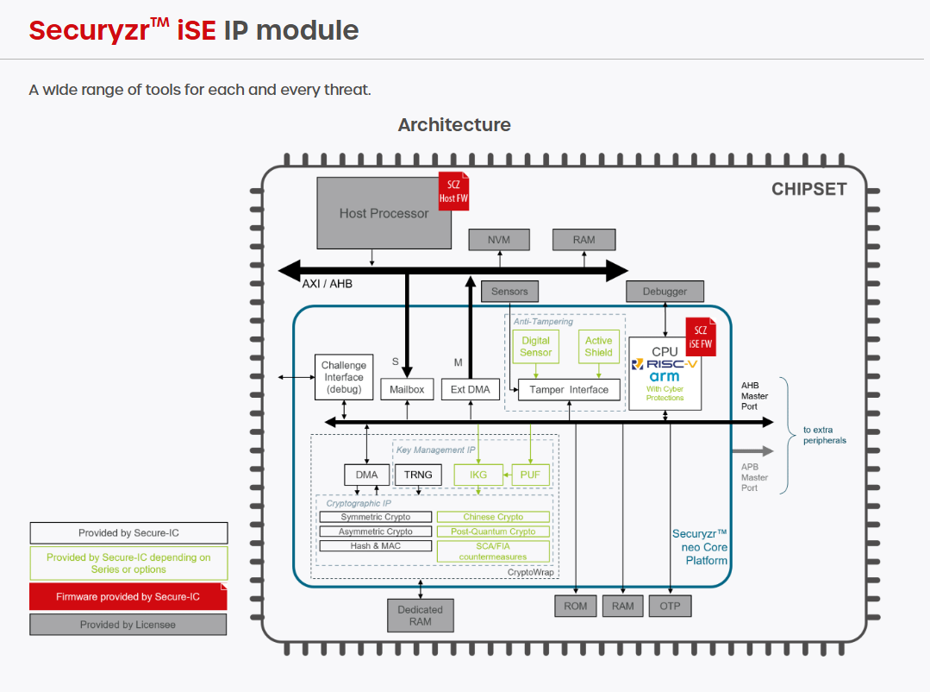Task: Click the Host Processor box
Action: point(384,213)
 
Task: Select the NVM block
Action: point(499,240)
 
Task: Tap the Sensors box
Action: point(509,292)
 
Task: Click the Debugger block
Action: point(665,292)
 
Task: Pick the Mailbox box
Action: point(408,389)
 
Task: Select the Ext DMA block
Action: point(470,389)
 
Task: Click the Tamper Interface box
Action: point(569,389)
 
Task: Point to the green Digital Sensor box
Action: point(535,346)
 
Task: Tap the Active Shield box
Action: point(598,346)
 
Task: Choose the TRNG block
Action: point(418,475)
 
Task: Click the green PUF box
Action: point(530,475)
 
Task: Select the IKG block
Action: point(478,475)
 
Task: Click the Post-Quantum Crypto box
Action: point(493,532)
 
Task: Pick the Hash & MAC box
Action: point(376,545)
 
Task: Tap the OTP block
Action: point(670,606)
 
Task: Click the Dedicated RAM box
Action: point(420,615)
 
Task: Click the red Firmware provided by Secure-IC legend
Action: point(128,596)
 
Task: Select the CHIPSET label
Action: point(808,190)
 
